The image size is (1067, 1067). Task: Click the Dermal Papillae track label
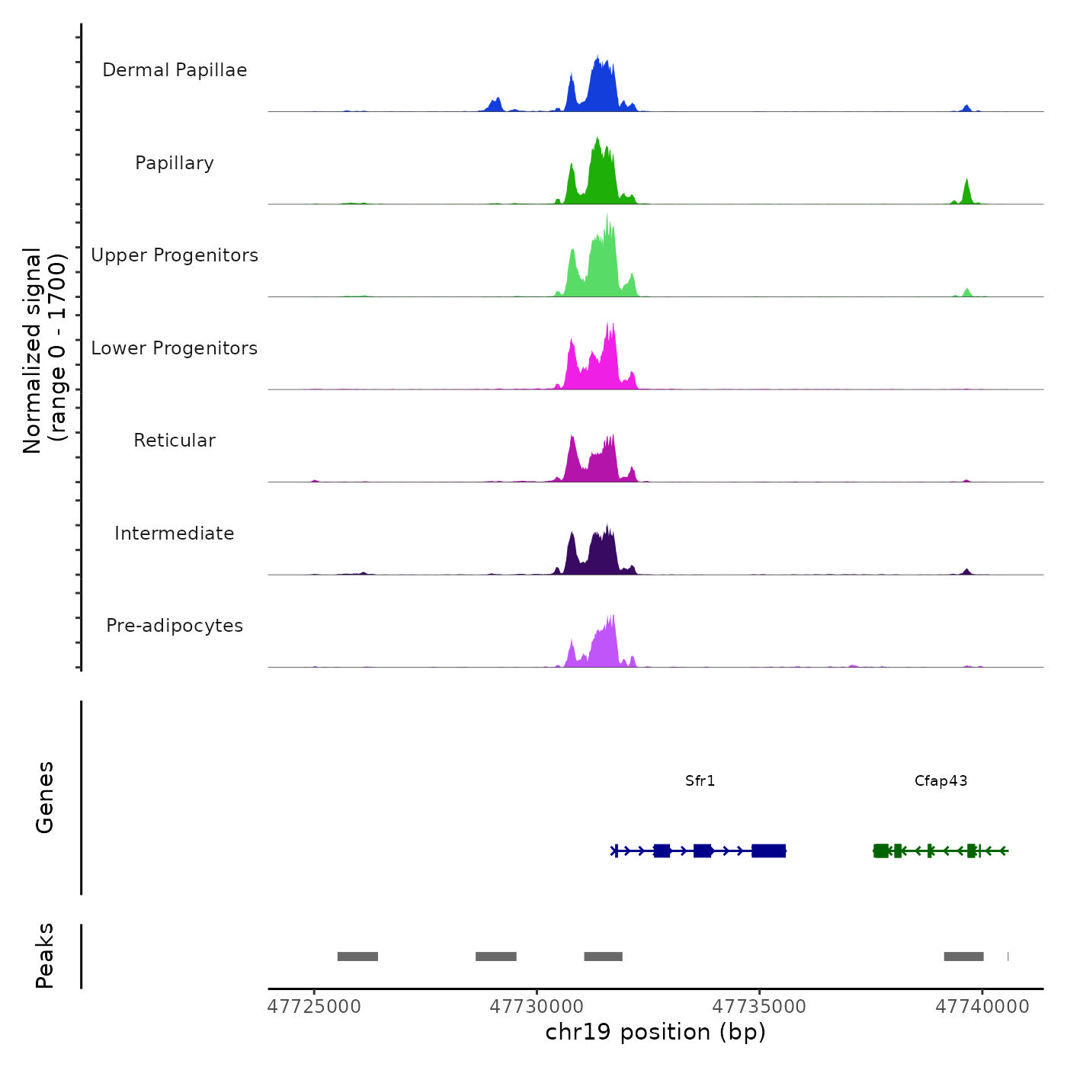pyautogui.click(x=175, y=70)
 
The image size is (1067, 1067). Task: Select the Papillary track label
pyautogui.click(x=175, y=163)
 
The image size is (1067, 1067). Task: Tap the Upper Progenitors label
pyautogui.click(x=175, y=255)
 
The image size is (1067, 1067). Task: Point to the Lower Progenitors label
pyautogui.click(x=175, y=348)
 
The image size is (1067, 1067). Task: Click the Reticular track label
pyautogui.click(x=175, y=441)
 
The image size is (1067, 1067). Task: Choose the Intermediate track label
pyautogui.click(x=175, y=533)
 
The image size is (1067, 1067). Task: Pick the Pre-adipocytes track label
pyautogui.click(x=175, y=626)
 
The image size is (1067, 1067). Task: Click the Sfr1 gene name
pyautogui.click(x=700, y=781)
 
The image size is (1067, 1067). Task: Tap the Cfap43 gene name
pyautogui.click(x=940, y=781)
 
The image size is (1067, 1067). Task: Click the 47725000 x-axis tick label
pyautogui.click(x=314, y=1007)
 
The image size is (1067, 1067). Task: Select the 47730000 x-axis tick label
pyautogui.click(x=537, y=1007)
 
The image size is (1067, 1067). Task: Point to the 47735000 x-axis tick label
pyautogui.click(x=759, y=1007)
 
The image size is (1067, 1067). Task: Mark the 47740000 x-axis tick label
pyautogui.click(x=982, y=1007)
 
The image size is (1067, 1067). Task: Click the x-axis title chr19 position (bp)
pyautogui.click(x=655, y=1032)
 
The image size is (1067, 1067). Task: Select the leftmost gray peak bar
pyautogui.click(x=357, y=956)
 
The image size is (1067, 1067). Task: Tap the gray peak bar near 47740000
pyautogui.click(x=963, y=956)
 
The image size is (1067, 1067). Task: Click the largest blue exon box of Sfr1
pyautogui.click(x=768, y=851)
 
